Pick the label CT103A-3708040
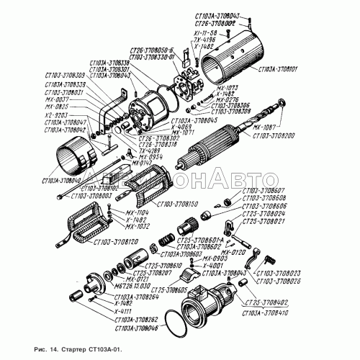point(63,181)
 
